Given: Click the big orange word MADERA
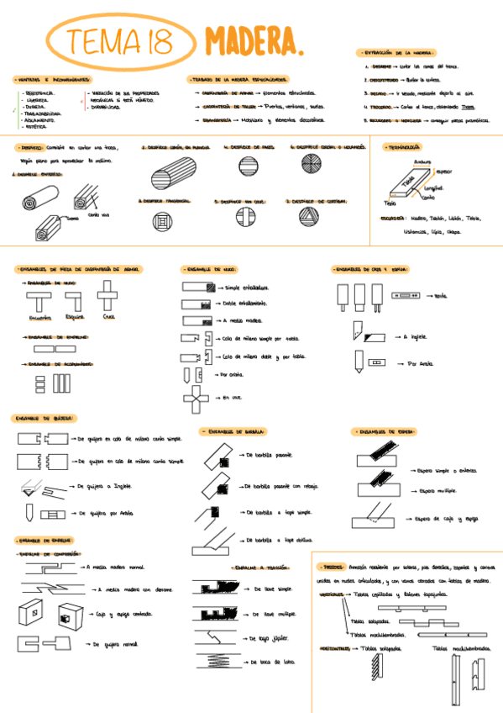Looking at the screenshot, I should (x=252, y=40).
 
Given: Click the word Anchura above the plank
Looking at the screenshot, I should (x=422, y=162).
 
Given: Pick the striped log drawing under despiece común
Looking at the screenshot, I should (x=174, y=177).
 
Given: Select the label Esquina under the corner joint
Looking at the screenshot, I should (x=75, y=318).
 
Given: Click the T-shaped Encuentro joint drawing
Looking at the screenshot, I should (x=39, y=300).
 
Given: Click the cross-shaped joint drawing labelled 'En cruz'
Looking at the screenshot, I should (x=195, y=398).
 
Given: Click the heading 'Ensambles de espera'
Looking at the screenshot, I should (x=378, y=431).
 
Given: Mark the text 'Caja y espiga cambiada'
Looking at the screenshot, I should (x=128, y=614).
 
